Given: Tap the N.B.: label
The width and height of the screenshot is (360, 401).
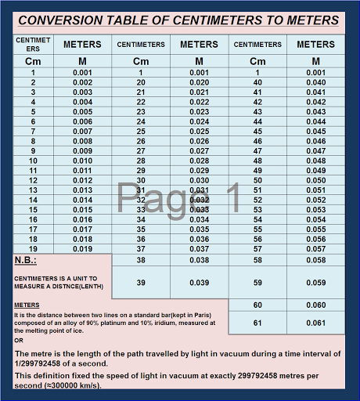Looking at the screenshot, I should point(26,260).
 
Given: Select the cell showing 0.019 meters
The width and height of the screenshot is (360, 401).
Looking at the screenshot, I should point(82,249).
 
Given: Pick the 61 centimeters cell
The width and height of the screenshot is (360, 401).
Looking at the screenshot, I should point(257,322).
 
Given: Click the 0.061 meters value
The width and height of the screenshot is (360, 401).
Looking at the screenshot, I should point(316,322).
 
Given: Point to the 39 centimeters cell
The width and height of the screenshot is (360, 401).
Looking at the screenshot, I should point(141,282).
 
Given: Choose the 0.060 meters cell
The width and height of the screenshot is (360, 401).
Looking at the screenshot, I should point(316,305).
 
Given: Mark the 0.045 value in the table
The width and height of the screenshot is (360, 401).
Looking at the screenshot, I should point(316,132).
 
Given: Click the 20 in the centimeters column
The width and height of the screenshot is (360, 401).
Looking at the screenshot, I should point(141,82).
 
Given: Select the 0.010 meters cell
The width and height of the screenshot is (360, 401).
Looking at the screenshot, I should point(82,161).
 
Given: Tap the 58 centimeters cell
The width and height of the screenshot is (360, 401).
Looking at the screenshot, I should point(257,259).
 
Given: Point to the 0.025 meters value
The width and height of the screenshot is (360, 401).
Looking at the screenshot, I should point(199,132).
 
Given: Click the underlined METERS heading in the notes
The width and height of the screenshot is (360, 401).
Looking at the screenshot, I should point(27,305).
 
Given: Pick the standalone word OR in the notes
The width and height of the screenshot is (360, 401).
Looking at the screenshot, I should point(19,340).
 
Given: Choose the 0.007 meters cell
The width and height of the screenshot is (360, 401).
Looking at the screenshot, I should point(82,132).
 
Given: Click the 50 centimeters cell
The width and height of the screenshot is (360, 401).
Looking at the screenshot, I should point(257,180).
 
